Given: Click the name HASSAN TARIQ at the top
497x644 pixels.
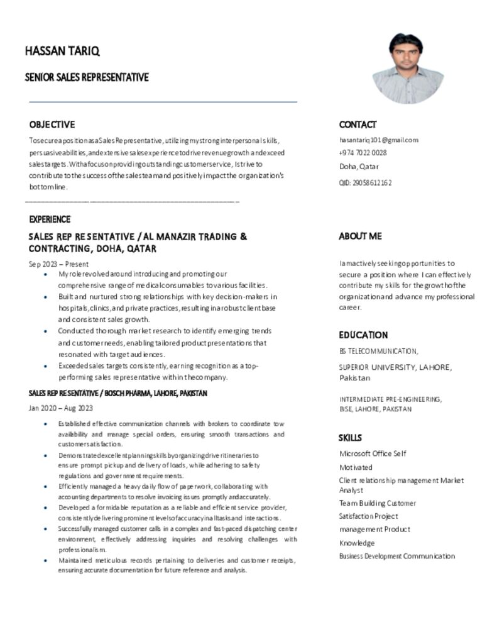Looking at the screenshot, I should (62, 51).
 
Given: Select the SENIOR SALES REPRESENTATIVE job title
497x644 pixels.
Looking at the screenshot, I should (87, 77).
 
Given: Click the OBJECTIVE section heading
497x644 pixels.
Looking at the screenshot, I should (52, 125).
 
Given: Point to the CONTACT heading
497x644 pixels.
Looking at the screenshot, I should (358, 125).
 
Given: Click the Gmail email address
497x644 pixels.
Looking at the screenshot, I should (378, 140).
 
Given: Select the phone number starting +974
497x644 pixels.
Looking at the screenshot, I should (363, 153).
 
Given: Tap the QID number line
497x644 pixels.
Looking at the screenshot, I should (365, 183).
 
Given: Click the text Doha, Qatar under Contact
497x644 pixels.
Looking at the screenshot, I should (359, 167).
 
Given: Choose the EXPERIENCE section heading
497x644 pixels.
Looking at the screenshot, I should (50, 219).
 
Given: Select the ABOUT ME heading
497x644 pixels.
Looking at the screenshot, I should (360, 236).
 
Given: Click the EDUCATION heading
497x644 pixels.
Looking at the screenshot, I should (363, 335).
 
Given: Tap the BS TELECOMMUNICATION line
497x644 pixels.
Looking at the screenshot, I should (378, 352).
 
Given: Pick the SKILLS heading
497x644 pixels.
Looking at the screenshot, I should (350, 438).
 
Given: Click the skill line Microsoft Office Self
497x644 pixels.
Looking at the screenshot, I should (373, 453).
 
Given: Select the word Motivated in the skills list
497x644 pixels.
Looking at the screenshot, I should (356, 467).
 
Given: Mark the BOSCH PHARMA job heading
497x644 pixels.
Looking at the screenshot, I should (117, 393).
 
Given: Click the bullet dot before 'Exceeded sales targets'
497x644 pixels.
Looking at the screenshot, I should (46, 365).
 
